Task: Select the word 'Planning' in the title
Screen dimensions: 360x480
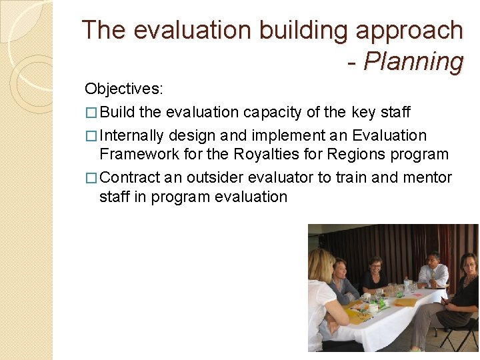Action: (x=413, y=61)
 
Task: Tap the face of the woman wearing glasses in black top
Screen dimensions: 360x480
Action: (x=375, y=265)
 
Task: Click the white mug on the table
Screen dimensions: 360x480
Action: (x=373, y=307)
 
